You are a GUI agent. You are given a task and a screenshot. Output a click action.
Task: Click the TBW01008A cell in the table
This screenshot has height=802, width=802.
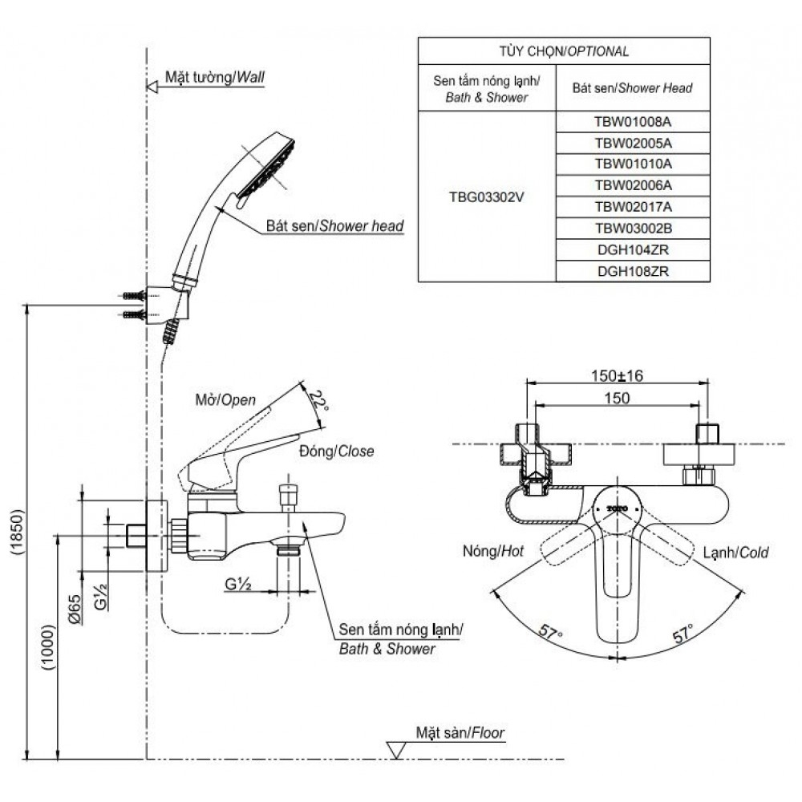633,122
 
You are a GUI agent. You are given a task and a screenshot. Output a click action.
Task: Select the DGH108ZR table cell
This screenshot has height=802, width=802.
633,272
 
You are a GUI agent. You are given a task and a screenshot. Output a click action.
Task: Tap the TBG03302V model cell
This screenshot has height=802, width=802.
487,196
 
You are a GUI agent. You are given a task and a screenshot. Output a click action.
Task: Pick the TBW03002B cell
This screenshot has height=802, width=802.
633,229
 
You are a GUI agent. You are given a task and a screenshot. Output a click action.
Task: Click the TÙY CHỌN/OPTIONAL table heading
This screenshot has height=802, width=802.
564,51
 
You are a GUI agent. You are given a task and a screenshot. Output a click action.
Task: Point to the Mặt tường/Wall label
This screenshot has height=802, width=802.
214,78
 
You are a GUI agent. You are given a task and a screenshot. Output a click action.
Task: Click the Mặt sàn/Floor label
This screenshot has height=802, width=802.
460,732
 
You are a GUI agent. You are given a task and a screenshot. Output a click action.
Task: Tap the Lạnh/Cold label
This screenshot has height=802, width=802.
735,552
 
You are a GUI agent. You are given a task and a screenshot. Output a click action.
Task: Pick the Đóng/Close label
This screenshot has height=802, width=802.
336,451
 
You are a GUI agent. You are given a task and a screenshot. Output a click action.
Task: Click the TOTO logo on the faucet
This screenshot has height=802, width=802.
616,508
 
